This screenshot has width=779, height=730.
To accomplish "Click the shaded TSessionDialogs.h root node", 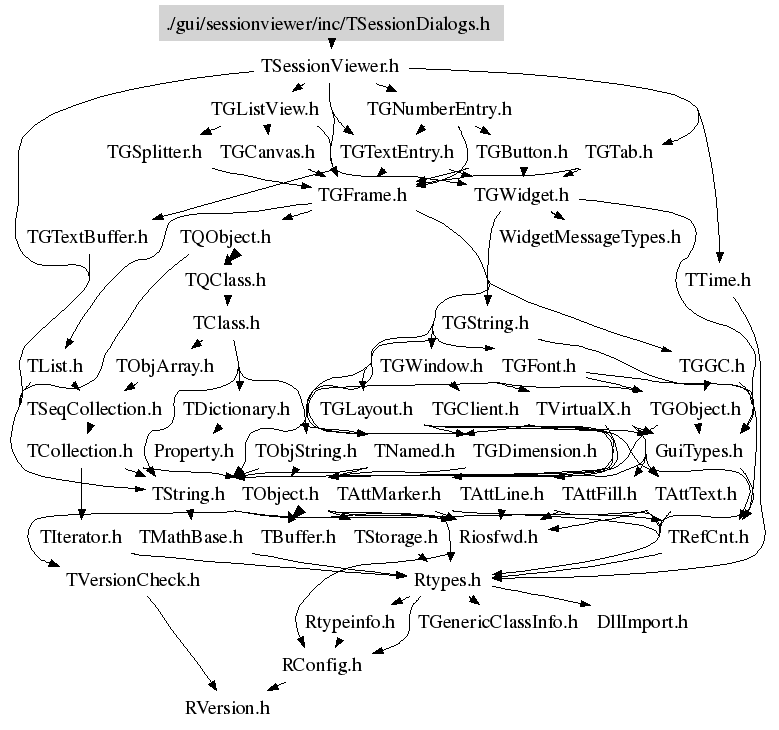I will click(330, 23).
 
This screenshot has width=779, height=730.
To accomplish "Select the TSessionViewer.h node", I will click(329, 67).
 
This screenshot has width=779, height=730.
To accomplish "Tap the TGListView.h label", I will click(265, 108).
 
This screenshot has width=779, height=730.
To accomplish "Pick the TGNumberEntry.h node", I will click(439, 108).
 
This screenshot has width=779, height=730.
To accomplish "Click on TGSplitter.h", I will click(154, 152).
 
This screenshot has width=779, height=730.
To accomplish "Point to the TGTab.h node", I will click(618, 152).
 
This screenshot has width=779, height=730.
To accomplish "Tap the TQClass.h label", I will click(225, 280).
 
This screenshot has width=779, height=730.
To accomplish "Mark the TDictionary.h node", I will click(236, 409).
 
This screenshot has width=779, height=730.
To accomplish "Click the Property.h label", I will click(193, 451).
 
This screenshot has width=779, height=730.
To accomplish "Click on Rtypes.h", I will click(447, 579).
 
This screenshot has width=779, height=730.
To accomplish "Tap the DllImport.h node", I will click(642, 622).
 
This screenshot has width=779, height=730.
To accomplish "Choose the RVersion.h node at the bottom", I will click(227, 707).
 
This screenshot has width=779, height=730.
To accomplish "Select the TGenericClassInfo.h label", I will click(498, 622).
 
